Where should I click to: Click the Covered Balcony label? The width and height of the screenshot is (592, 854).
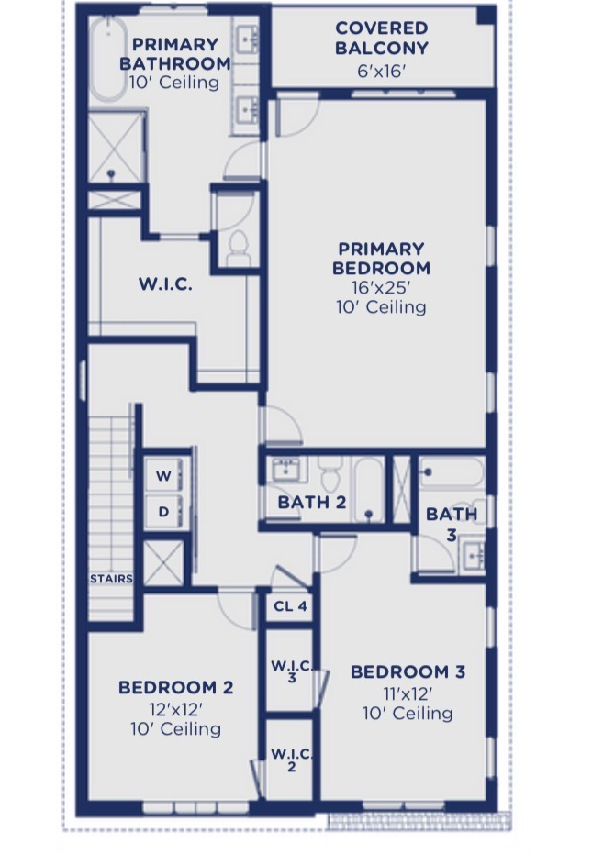click(382, 38)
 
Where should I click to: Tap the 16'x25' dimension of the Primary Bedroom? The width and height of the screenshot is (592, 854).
click(381, 287)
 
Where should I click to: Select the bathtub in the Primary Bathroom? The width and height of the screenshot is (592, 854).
click(108, 59)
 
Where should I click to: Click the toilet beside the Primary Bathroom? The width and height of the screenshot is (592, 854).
click(239, 248)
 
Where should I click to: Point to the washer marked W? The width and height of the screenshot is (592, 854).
click(163, 475)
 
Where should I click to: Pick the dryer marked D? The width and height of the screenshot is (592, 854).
click(163, 512)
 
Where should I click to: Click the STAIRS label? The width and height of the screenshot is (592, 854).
click(111, 579)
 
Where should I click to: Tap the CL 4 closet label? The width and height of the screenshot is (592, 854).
click(291, 606)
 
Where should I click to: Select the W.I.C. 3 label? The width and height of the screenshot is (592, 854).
click(292, 671)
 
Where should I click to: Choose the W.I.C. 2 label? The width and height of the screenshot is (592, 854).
click(292, 760)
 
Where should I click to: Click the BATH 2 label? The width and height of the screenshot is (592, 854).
click(312, 502)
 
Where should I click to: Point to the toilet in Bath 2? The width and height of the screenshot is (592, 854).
click(330, 473)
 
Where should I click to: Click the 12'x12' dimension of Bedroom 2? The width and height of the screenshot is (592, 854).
click(176, 709)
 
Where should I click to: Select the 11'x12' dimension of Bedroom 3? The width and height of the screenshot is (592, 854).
click(408, 693)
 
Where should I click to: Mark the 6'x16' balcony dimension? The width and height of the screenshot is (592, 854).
click(382, 71)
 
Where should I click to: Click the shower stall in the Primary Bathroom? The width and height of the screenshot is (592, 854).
click(117, 147)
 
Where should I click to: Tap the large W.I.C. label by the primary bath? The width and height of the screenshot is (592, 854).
click(165, 283)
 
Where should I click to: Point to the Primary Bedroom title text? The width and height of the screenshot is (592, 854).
click(381, 258)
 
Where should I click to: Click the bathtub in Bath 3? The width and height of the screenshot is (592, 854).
click(452, 472)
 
